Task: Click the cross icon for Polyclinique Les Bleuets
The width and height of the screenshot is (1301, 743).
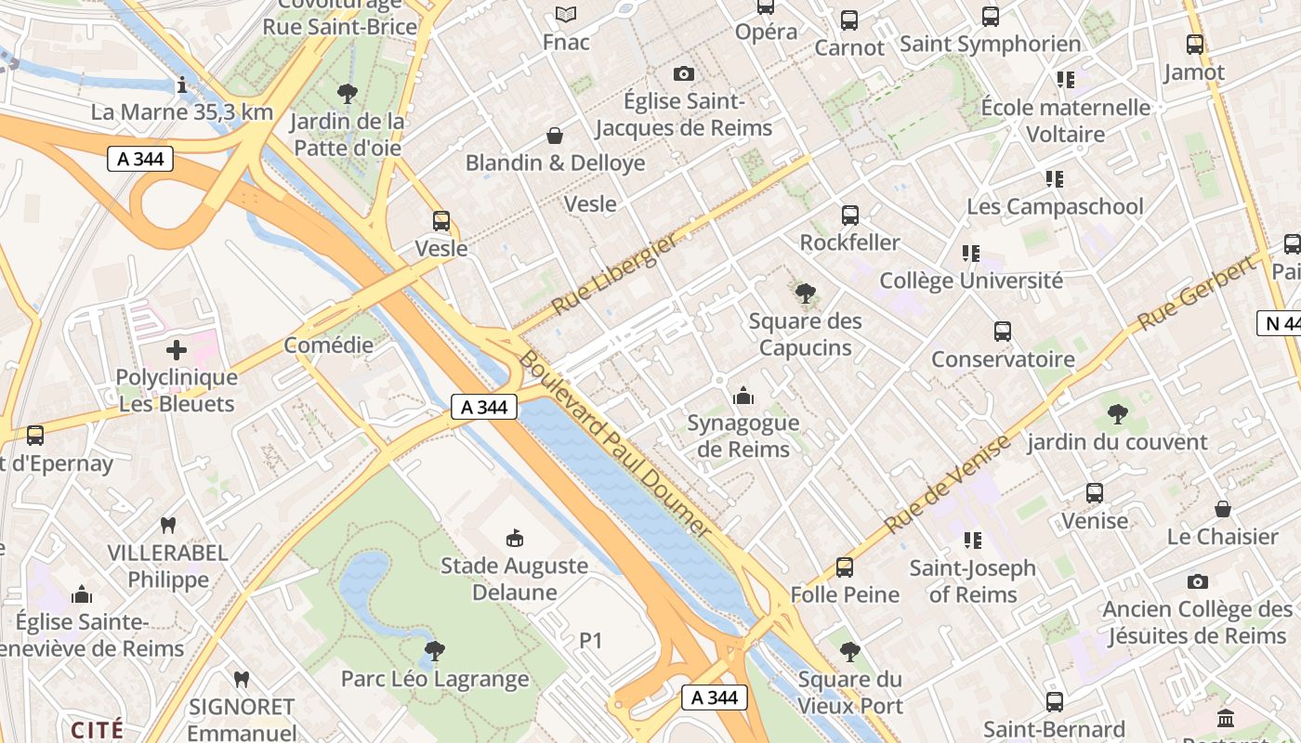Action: coord(177,350)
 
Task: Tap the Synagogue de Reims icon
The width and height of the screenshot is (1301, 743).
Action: coord(743,397)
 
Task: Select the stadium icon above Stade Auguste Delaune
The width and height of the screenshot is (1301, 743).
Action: coord(514,538)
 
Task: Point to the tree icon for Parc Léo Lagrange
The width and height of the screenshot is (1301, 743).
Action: coord(434,650)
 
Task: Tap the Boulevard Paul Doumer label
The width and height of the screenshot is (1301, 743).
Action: coord(615,444)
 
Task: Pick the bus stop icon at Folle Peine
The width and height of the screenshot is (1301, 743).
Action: coord(845,567)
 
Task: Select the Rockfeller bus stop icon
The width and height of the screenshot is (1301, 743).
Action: coord(849,215)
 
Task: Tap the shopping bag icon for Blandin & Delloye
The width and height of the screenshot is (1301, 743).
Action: coord(555,137)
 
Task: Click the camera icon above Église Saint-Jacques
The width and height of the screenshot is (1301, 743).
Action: coord(684,73)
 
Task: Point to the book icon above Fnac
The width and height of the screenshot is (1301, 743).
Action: coord(566,14)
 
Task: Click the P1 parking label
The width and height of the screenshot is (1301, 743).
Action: coord(591,641)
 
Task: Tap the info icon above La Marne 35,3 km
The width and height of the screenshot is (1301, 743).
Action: coord(182,85)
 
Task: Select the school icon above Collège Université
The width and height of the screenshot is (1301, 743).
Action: coord(971,253)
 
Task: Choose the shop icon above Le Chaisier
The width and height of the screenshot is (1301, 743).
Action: coord(1223,509)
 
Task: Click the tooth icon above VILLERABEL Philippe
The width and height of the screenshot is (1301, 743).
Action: coord(168,525)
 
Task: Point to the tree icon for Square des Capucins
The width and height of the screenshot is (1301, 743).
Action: coord(805,294)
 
